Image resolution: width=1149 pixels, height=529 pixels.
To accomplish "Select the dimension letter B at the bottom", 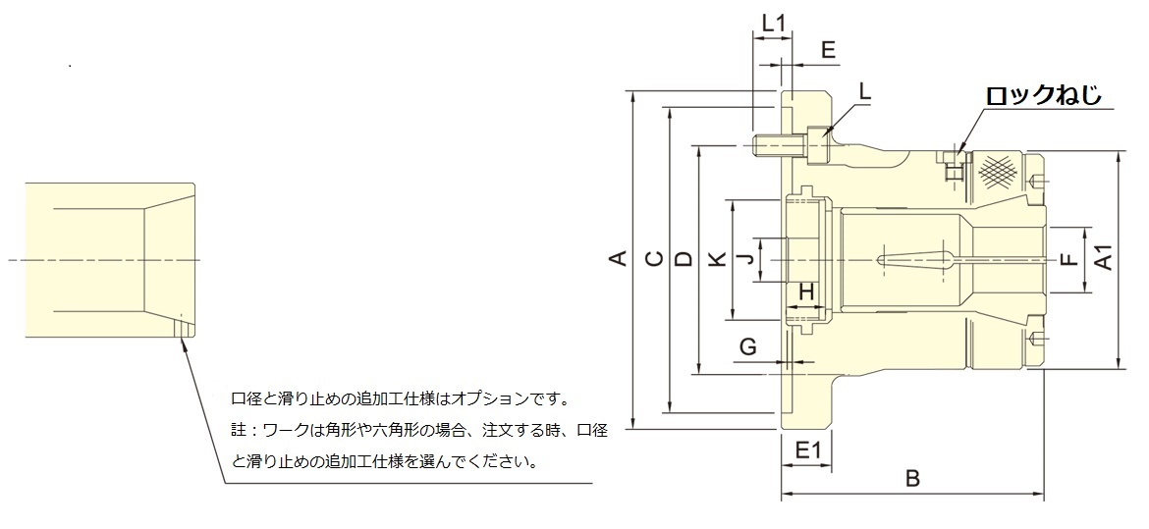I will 911,479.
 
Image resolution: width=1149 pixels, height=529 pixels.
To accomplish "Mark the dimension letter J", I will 746,259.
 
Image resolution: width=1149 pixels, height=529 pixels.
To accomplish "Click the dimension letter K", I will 717,259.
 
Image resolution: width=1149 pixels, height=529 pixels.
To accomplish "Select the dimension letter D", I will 684,259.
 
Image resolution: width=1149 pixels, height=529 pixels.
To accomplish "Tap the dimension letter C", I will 652,259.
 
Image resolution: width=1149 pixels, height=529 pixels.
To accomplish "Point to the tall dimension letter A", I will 617,259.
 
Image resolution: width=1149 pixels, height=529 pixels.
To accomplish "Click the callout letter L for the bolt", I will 864,90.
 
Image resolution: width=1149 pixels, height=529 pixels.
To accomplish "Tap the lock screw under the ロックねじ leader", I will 953,169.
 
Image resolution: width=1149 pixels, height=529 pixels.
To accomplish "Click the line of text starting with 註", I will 419,430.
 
